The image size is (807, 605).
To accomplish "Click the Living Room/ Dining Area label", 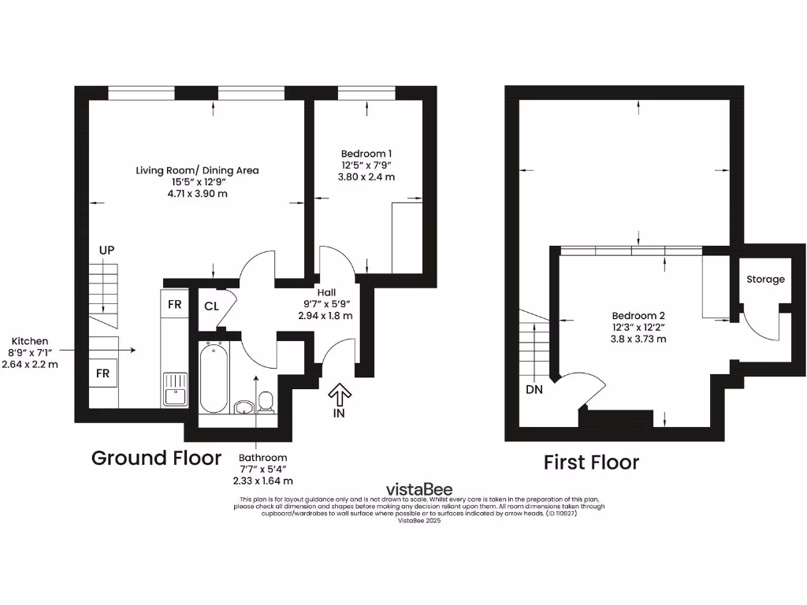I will [x=197, y=170].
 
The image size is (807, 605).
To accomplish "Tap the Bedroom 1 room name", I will [x=366, y=154].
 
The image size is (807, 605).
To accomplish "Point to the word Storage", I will [x=765, y=280].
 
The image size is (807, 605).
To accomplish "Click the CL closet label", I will [x=211, y=306].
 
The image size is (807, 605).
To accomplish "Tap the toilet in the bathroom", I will [x=266, y=402].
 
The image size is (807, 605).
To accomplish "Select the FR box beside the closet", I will [x=175, y=304].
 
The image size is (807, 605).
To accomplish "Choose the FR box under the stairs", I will [x=102, y=373].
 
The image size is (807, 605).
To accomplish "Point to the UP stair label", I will [x=107, y=251].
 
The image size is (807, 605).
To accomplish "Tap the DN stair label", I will [x=535, y=389].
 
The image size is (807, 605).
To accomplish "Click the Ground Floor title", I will [x=156, y=458].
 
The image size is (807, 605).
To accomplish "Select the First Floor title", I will [x=591, y=462].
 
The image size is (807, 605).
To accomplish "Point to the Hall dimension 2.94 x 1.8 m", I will [x=325, y=315].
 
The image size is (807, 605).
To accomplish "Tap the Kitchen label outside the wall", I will [x=31, y=342].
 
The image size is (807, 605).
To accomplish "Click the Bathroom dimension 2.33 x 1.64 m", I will [x=263, y=480].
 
